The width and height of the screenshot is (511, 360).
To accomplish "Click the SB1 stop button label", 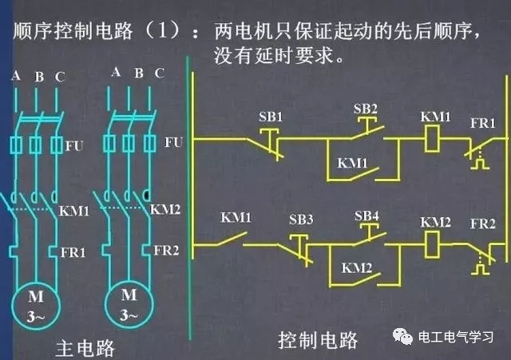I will pos(271,117).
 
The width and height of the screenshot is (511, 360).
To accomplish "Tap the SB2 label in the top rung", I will pos(365,109).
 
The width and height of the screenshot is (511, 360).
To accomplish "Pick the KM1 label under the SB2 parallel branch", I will pos(352,163).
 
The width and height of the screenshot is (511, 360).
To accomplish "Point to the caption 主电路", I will pos(86,348).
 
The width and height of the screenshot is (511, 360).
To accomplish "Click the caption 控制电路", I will pos(318,340).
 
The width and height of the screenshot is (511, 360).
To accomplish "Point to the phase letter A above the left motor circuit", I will pos(15,77).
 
